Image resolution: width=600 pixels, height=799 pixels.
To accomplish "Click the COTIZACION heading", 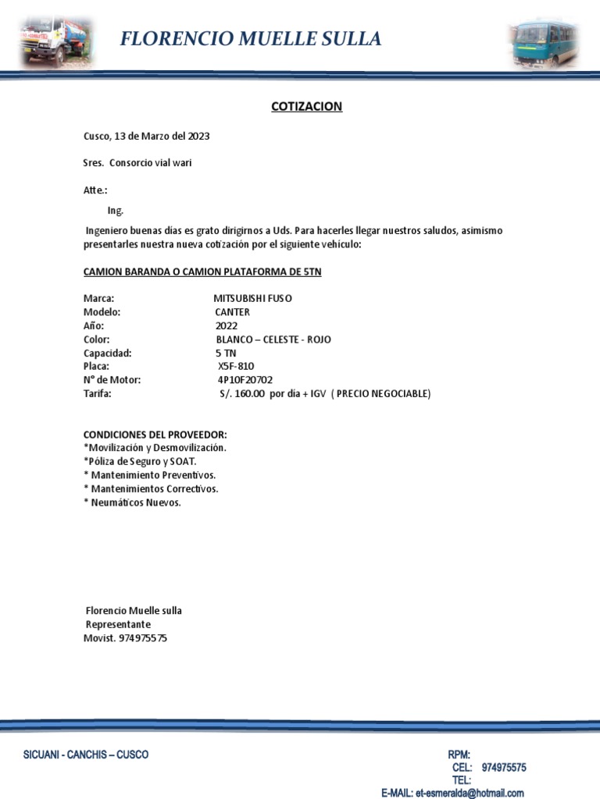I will [306, 106].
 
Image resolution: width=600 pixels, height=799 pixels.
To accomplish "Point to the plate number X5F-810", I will [236, 365].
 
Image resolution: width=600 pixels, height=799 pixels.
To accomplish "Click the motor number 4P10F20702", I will [245, 379].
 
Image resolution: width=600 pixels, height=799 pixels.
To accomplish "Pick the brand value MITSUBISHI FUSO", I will [253, 298].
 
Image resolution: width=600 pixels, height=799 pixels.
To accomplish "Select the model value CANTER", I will [233, 312].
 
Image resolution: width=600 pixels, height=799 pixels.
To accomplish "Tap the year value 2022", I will [227, 325].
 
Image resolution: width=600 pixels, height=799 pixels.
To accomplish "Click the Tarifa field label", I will [98, 393].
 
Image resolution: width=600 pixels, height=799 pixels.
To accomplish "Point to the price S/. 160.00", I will [243, 393].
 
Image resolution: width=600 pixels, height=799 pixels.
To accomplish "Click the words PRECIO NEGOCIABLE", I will [383, 393].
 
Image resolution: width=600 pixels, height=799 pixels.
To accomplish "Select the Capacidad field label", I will [107, 353].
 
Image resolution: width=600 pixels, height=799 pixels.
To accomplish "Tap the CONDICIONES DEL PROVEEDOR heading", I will [155, 434].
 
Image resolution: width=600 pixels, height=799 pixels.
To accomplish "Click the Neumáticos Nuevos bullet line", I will [133, 502].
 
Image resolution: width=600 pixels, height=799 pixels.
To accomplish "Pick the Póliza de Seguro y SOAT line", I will [140, 461].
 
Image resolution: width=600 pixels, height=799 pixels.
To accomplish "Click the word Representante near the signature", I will [118, 624].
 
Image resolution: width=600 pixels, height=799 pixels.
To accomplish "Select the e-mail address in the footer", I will [469, 793].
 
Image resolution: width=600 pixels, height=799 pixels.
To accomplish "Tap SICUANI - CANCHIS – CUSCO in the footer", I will [86, 755].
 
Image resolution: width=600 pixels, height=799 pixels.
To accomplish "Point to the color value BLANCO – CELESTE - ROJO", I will [273, 339].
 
